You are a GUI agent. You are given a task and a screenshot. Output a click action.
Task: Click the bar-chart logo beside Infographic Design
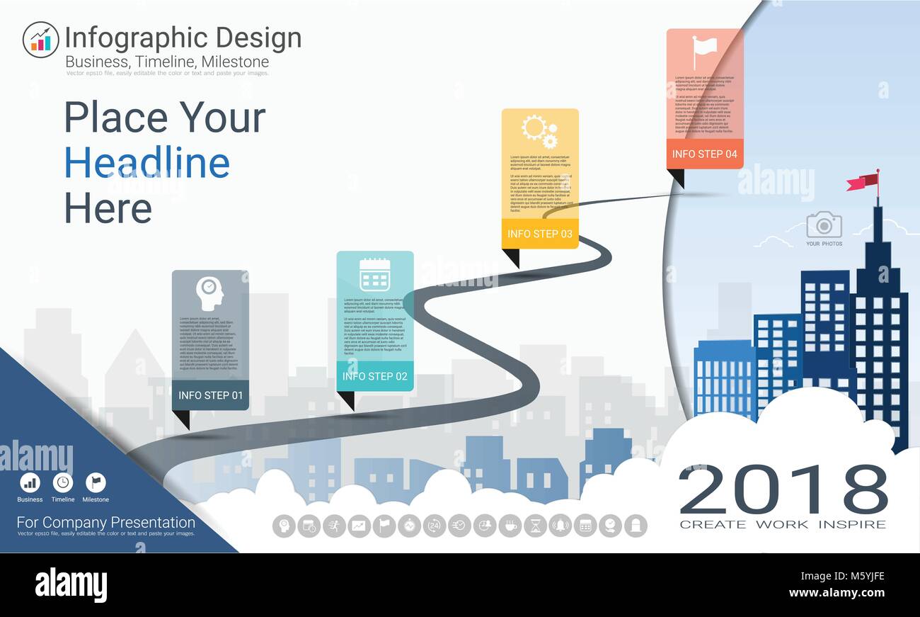pyautogui.click(x=40, y=40)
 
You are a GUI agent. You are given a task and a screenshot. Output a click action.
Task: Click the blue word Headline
pyautogui.click(x=147, y=163)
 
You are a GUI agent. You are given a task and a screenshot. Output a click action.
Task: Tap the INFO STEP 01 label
pyautogui.click(x=210, y=395)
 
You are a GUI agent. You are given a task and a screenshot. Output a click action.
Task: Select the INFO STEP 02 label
pyautogui.click(x=375, y=376)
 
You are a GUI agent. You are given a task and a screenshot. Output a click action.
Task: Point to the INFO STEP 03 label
pyautogui.click(x=540, y=234)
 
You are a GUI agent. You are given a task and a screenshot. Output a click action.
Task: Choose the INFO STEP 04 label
pyautogui.click(x=704, y=154)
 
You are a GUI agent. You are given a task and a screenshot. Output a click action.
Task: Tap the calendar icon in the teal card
pyautogui.click(x=374, y=275)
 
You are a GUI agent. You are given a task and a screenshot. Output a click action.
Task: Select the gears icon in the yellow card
pyautogui.click(x=539, y=131)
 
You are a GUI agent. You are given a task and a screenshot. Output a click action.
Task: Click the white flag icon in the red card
pyautogui.click(x=703, y=50)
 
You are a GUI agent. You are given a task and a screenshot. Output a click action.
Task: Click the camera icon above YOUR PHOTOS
pyautogui.click(x=824, y=225)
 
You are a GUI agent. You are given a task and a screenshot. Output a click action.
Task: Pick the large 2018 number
pyautogui.click(x=783, y=490)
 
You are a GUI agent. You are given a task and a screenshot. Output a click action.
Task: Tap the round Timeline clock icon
pyautogui.click(x=63, y=482)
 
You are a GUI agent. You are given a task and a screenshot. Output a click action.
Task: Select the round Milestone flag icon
pyautogui.click(x=96, y=482)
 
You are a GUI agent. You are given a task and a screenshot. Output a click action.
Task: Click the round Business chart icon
pyautogui.click(x=30, y=482)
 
